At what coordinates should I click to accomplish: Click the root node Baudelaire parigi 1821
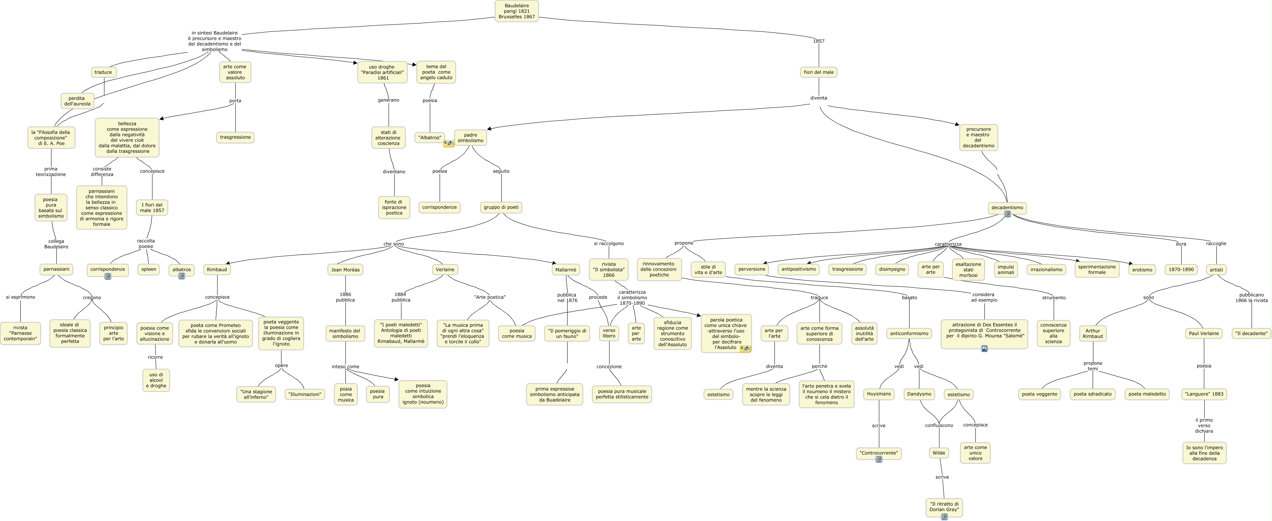click(x=516, y=11)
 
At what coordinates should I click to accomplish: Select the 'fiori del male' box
click(x=818, y=72)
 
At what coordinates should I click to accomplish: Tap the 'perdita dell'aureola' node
click(x=77, y=101)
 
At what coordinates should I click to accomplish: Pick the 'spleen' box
click(x=149, y=269)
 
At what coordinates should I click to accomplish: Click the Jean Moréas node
click(x=345, y=270)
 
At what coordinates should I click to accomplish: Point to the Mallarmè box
click(x=565, y=270)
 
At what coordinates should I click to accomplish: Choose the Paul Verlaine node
click(x=1204, y=333)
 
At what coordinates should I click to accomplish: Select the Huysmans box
click(x=879, y=394)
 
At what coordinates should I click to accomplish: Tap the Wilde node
click(x=939, y=453)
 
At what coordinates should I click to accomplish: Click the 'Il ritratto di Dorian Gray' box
click(x=944, y=507)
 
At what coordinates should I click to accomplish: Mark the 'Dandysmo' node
click(x=919, y=394)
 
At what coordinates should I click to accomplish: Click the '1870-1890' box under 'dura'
click(x=1181, y=269)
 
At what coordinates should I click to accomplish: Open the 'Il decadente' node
click(x=1251, y=333)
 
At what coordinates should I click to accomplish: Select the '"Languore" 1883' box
click(x=1204, y=394)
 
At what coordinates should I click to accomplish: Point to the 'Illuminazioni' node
click(x=305, y=394)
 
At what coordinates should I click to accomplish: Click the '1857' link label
click(x=819, y=41)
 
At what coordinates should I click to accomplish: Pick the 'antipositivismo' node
click(x=798, y=269)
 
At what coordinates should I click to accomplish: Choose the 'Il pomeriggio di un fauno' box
click(x=567, y=333)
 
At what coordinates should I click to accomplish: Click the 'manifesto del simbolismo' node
click(x=345, y=333)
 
